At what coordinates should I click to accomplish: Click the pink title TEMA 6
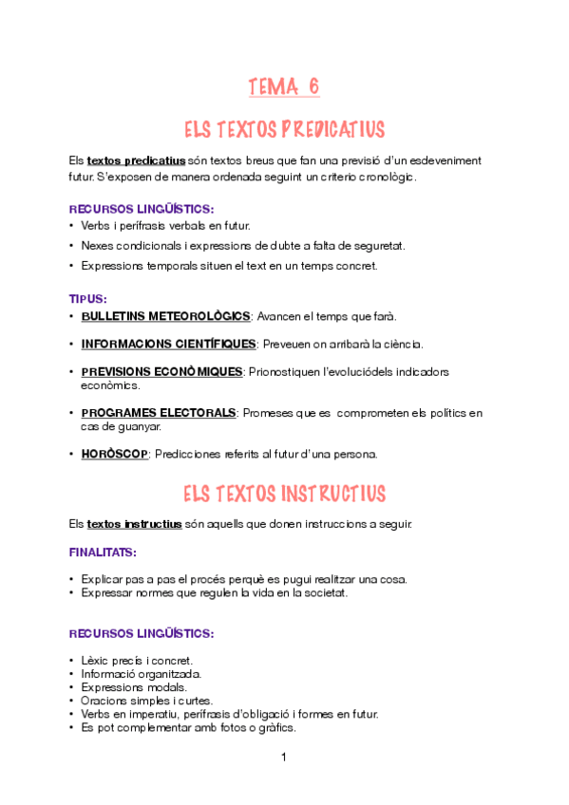[284, 87]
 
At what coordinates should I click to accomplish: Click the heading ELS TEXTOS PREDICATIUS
[284, 129]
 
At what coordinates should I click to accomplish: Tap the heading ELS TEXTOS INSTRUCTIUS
[284, 494]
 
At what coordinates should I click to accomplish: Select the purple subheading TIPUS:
[88, 298]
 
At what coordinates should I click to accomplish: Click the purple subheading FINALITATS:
[103, 551]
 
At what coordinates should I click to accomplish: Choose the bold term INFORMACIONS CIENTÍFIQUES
[169, 344]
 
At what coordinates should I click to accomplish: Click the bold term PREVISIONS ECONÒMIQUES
[161, 371]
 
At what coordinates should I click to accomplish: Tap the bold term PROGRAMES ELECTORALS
[159, 413]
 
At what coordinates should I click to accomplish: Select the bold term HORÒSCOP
[115, 454]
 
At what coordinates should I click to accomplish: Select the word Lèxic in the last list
[96, 660]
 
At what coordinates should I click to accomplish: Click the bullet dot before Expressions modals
[72, 687]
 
